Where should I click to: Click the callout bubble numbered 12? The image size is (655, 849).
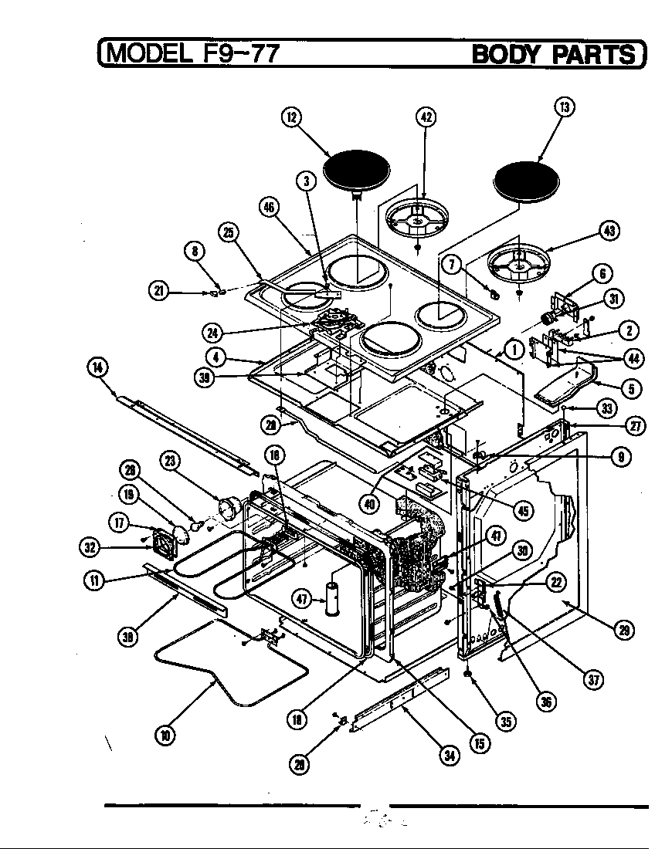coord(290,117)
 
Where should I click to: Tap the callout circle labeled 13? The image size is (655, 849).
coord(565,107)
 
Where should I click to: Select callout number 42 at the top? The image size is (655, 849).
coord(426,117)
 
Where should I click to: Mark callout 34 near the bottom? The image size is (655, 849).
coord(449,756)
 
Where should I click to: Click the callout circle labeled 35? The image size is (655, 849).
coord(505,722)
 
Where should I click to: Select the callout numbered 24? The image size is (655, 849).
coord(212,333)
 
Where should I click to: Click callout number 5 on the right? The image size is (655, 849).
coord(631,388)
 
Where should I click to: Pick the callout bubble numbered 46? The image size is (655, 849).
coord(270,208)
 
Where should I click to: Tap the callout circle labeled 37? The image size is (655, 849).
coord(594,679)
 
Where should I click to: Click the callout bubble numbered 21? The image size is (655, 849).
coord(158,290)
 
